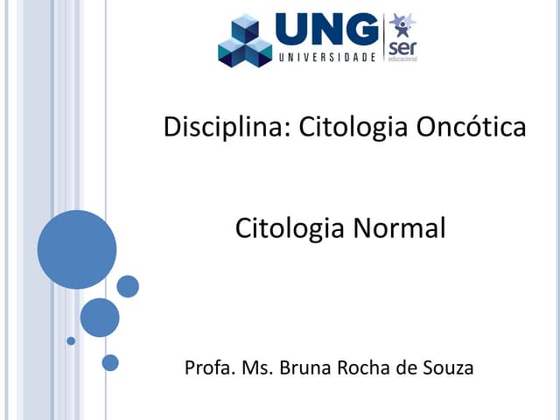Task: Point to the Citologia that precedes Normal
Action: point(290,229)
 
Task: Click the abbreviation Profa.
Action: point(206,367)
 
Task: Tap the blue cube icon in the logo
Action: point(246,40)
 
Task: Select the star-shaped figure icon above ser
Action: point(402,24)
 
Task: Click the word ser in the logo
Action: point(402,45)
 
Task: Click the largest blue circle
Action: point(77,249)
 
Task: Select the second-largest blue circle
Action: point(100,318)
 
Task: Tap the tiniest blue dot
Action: point(71,340)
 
